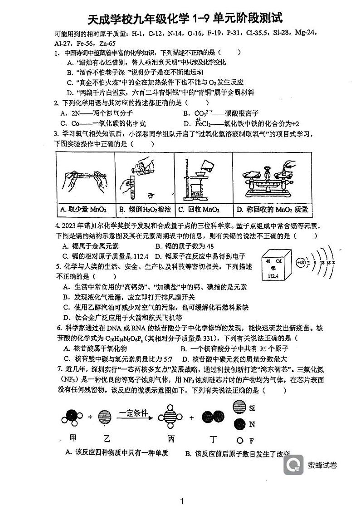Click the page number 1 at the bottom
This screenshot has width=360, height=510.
tap(181, 501)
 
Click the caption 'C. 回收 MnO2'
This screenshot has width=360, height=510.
tap(199, 209)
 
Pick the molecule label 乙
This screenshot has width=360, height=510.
tap(107, 438)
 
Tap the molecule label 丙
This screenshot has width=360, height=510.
tap(171, 438)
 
